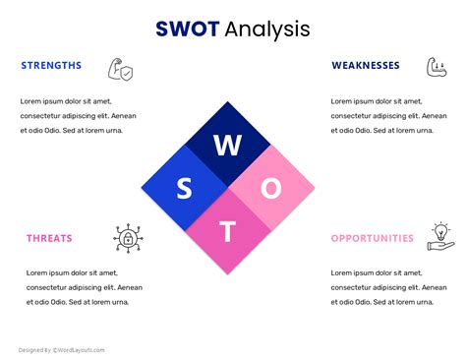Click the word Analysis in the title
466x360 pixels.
(266, 29)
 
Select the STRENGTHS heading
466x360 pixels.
(51, 66)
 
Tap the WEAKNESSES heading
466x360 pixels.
(366, 66)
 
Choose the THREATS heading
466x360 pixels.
(49, 238)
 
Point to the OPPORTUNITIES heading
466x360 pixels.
(373, 238)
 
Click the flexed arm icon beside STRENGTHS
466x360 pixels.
(120, 68)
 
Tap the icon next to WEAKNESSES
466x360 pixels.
(437, 67)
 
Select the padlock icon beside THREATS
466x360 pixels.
(126, 237)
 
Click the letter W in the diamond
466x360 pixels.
(227, 146)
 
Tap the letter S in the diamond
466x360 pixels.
(184, 188)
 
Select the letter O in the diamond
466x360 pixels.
(271, 188)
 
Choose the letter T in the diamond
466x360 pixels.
(227, 231)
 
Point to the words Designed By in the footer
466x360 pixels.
(34, 349)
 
